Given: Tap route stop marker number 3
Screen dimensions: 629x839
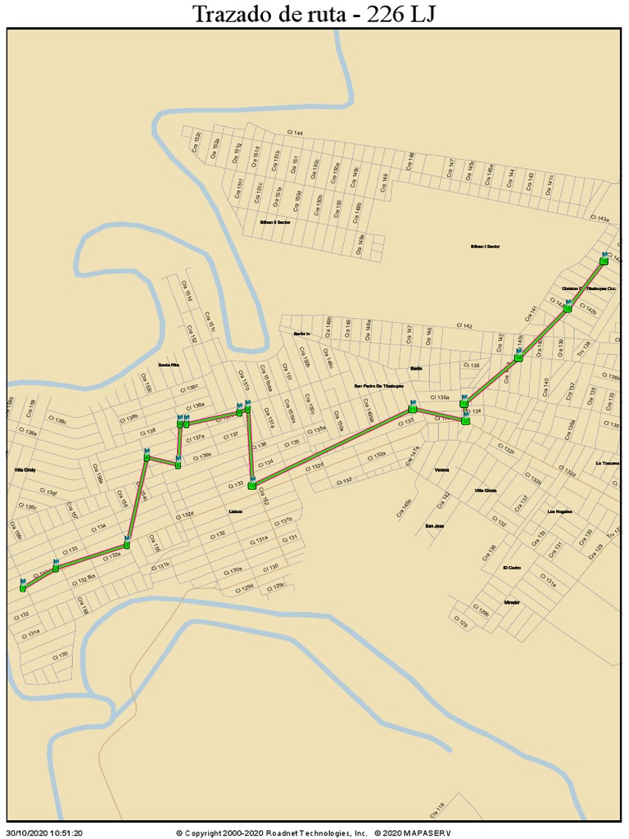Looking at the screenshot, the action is click(x=127, y=543).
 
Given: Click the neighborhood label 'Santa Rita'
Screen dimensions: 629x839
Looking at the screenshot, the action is click(x=169, y=365).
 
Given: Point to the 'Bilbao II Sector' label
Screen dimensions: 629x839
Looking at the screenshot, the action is click(x=275, y=222).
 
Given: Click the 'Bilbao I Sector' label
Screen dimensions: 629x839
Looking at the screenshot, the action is click(x=485, y=246).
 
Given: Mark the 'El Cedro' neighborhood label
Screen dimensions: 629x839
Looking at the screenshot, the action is click(x=512, y=568).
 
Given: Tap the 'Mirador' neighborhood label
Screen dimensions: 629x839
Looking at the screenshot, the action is click(x=512, y=602).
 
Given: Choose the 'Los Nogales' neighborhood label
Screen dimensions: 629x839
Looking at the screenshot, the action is click(x=559, y=511).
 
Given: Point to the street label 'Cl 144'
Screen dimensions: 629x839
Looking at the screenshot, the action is click(x=295, y=133).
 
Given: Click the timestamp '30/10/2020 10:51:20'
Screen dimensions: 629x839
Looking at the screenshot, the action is click(x=45, y=832).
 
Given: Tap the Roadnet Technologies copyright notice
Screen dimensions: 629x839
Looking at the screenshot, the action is click(x=272, y=832).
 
